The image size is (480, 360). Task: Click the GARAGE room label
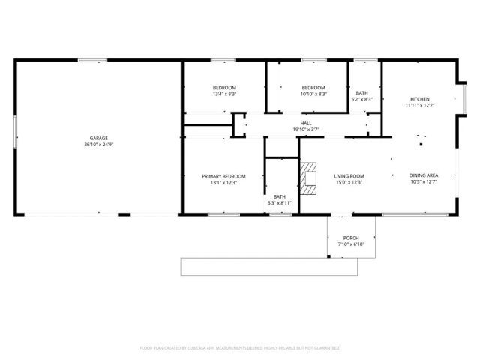click(x=99, y=138)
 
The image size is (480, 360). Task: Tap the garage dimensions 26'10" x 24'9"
click(x=99, y=144)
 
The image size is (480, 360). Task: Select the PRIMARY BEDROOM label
click(x=223, y=176)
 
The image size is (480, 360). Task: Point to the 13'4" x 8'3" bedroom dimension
click(x=224, y=94)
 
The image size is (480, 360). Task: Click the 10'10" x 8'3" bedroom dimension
click(x=313, y=94)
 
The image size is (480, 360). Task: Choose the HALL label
click(x=306, y=124)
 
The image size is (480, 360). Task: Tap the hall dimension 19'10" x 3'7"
click(x=306, y=130)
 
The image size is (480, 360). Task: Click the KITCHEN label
click(x=420, y=99)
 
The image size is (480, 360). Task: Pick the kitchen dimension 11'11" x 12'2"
click(x=420, y=105)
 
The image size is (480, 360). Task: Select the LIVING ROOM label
click(x=349, y=176)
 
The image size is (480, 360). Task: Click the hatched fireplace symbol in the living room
click(x=308, y=177)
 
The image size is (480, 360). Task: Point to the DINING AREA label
click(x=424, y=176)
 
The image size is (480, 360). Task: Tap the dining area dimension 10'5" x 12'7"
click(x=424, y=182)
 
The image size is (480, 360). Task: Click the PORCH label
click(x=351, y=238)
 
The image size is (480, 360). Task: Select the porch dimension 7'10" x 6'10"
click(x=351, y=244)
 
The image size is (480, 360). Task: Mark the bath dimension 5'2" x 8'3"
click(x=362, y=99)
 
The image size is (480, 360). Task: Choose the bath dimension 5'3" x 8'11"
click(x=280, y=202)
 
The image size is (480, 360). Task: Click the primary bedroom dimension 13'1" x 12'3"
click(x=223, y=182)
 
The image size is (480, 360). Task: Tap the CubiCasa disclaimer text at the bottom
click(x=240, y=348)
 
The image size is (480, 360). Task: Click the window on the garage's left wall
click(x=16, y=138)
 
